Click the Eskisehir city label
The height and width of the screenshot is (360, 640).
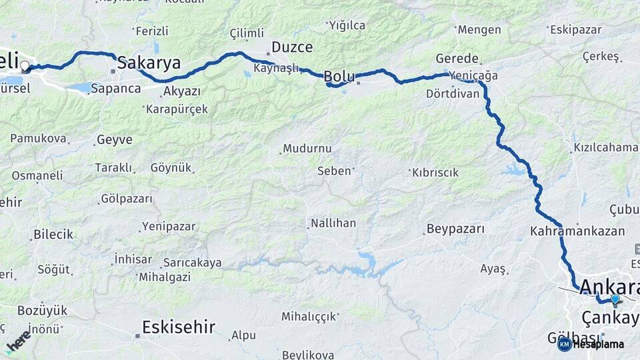pos(179,327)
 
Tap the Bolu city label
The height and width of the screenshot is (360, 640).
pos(339,76)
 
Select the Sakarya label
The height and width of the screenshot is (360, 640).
pos(149,63)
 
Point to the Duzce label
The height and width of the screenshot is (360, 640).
pos(291,47)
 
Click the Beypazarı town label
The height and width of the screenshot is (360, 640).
pos(455,229)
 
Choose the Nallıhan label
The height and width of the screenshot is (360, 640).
pos(333,223)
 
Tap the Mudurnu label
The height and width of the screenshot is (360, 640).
pos(307,149)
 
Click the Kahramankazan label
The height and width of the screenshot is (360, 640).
pos(577,231)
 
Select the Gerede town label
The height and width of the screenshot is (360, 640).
pos(457,58)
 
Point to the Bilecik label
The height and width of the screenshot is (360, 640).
pos(53,235)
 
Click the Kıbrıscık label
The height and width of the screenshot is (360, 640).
pos(436,173)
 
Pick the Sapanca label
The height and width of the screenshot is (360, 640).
pos(115,88)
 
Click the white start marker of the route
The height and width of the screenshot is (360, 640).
pos(25,66)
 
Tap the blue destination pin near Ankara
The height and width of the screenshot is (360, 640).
pos(615,299)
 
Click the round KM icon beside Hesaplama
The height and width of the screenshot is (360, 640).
pos(564,344)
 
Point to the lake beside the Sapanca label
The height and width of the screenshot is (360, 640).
pos(80,87)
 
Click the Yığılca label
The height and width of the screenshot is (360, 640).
pos(347,25)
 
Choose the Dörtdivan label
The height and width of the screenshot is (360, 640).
pos(453,94)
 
